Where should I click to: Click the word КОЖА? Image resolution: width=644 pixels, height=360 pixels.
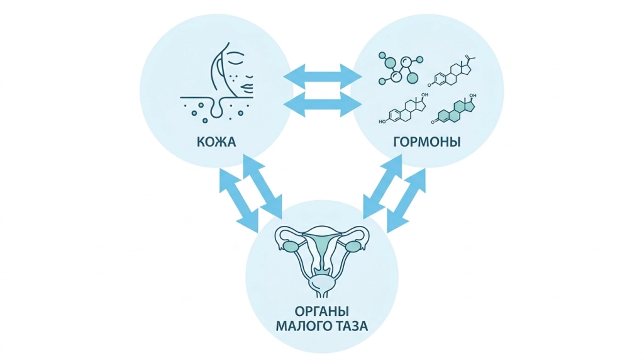[216, 142]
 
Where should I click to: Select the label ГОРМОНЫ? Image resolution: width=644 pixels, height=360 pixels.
[427, 142]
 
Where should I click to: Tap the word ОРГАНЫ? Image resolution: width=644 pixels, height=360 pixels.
[321, 311]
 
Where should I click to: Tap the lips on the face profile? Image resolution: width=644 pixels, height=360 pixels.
[248, 87]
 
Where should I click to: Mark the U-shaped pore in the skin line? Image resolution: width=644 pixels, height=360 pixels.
[216, 108]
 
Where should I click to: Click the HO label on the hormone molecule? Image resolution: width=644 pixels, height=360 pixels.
[382, 121]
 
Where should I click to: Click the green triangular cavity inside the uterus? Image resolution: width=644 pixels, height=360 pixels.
[322, 247]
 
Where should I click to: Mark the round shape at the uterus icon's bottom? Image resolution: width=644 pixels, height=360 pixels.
[322, 284]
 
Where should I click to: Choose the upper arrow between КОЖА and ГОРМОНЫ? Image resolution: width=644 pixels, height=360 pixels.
[323, 76]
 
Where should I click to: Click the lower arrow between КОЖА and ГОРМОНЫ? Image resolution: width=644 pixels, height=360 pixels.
[323, 104]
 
